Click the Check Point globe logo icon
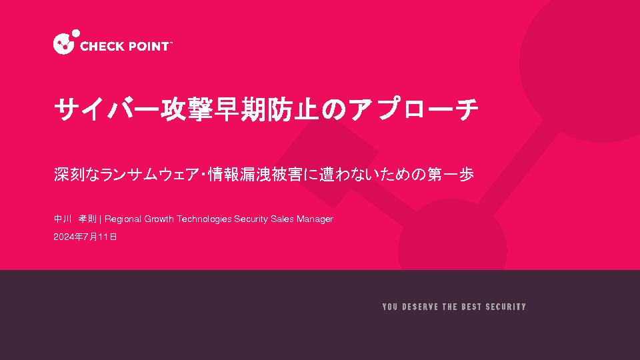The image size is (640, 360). pyautogui.click(x=65, y=42)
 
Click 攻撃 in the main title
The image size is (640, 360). pyautogui.click(x=187, y=109)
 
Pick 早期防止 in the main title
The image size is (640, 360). pyautogui.click(x=267, y=109)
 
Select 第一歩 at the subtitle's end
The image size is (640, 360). pyautogui.click(x=451, y=175)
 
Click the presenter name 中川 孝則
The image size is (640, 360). pyautogui.click(x=75, y=219)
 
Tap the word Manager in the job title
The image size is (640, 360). pyautogui.click(x=315, y=219)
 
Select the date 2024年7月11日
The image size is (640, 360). pyautogui.click(x=85, y=237)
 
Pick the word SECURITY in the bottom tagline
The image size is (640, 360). pyautogui.click(x=506, y=307)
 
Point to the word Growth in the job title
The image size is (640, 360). pyautogui.click(x=159, y=219)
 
